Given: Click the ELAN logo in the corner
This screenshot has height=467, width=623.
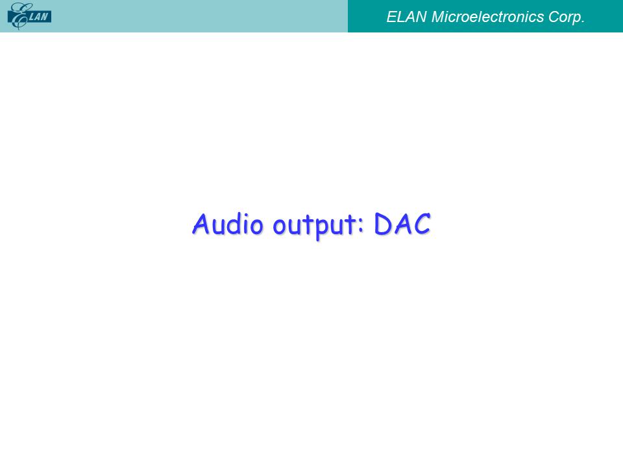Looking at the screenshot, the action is [29, 16].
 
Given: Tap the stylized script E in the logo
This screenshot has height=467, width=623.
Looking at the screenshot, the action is [18, 16].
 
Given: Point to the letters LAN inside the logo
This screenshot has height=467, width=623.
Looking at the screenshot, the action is [40, 17].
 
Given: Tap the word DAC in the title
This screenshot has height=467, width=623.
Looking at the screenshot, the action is [402, 224].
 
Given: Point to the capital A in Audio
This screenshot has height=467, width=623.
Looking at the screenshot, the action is [201, 224].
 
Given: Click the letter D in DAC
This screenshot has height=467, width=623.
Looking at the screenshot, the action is [384, 224].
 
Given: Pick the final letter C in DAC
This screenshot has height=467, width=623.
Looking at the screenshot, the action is [422, 224].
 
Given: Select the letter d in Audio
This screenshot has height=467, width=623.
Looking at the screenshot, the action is [235, 224].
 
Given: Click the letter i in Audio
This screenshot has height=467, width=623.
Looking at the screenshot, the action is [247, 225].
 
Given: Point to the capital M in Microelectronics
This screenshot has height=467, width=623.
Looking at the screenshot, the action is [438, 17].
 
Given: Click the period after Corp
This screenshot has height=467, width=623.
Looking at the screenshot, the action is [583, 22].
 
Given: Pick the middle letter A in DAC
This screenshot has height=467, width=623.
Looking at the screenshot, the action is [403, 224].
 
